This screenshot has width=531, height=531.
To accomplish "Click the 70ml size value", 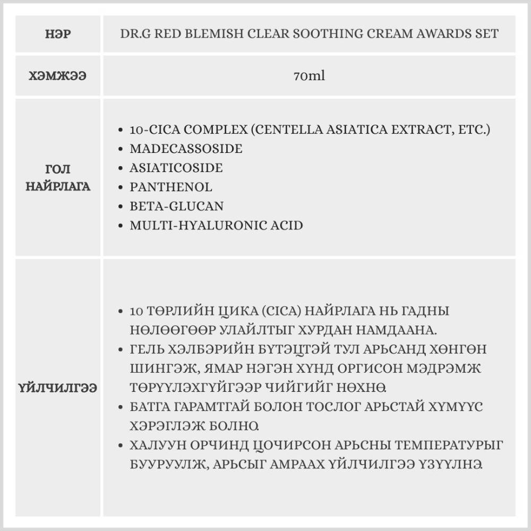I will point(309,75).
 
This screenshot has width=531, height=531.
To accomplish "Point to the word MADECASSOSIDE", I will point(186,149).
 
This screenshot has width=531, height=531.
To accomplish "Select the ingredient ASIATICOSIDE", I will point(176,168).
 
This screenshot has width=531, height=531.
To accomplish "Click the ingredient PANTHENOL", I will point(171,187).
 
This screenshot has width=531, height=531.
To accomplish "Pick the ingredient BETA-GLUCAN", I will point(176,206).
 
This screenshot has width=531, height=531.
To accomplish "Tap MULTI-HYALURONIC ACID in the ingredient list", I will point(216,225).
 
